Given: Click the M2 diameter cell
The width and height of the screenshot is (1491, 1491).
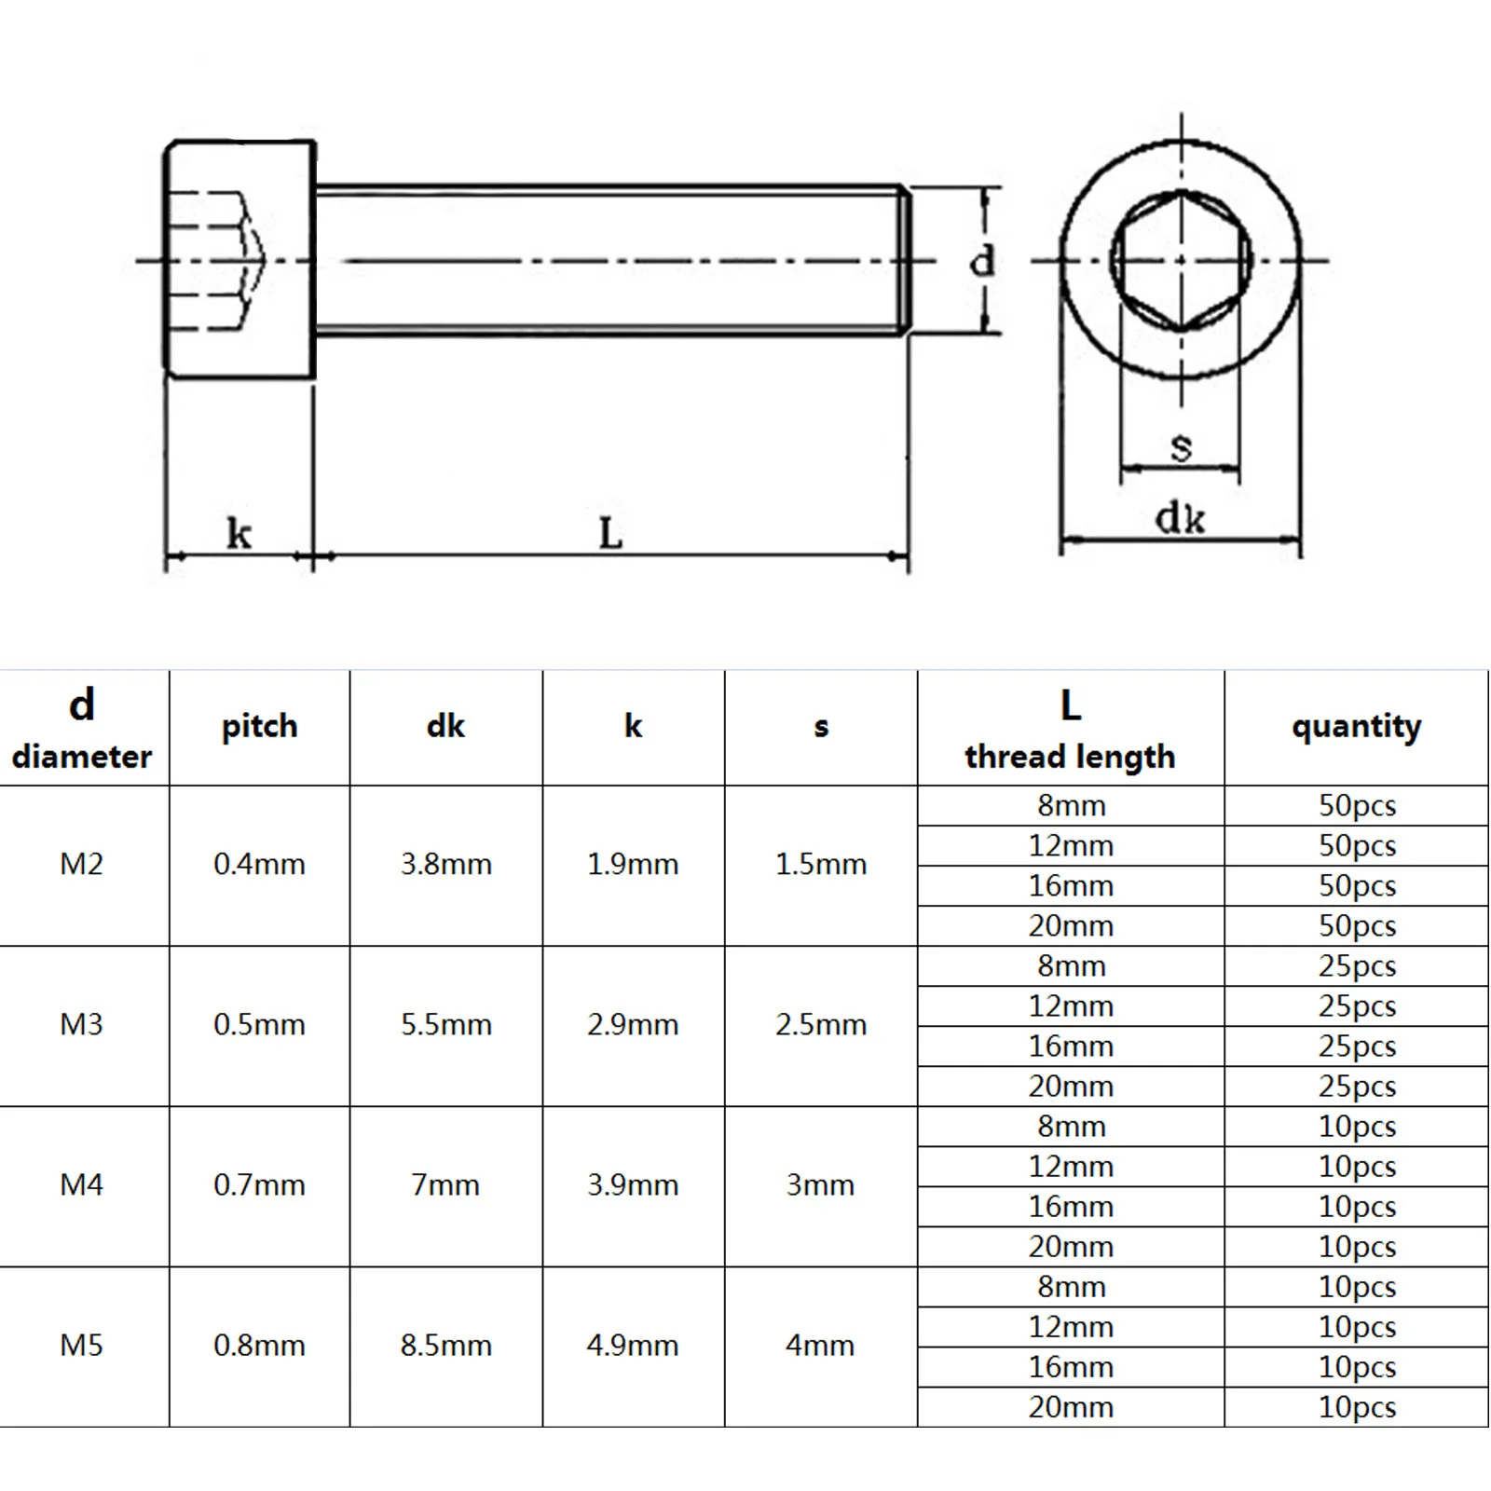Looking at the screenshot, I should click(82, 865).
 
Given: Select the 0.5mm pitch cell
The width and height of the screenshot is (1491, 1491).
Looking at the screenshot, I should click(259, 1025).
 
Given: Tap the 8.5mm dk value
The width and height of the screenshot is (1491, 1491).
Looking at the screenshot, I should click(446, 1346).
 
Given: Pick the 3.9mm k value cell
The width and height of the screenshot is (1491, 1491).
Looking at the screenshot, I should click(633, 1185).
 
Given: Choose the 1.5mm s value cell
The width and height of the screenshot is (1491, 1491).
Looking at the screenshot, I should click(821, 865).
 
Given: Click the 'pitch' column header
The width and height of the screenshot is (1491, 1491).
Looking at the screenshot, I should click(259, 727).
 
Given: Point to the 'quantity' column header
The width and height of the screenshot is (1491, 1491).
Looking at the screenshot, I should click(1357, 727).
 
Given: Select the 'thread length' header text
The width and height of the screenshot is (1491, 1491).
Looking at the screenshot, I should click(1070, 757).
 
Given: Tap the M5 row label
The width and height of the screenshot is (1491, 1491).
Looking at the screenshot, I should click(82, 1346).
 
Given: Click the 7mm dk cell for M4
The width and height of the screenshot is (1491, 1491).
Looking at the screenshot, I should click(446, 1185).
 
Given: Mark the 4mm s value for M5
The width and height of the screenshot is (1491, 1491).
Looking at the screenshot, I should click(821, 1346).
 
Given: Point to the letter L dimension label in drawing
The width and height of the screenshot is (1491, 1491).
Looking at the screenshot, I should click(610, 534).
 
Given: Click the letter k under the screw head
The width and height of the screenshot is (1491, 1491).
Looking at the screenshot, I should click(239, 534).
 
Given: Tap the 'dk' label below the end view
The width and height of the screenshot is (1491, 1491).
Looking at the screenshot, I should click(1180, 519).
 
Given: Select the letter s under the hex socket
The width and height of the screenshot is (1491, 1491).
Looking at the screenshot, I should click(1181, 448).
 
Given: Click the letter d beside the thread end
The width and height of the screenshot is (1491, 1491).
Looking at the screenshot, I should click(983, 262).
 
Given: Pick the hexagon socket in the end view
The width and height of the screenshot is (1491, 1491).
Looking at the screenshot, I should click(1181, 260).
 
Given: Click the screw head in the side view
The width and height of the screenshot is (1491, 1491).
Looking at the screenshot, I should click(240, 260).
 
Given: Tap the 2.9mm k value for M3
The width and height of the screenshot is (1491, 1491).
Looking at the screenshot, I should click(633, 1025).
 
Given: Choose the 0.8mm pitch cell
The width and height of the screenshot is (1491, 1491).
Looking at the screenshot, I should click(259, 1346).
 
